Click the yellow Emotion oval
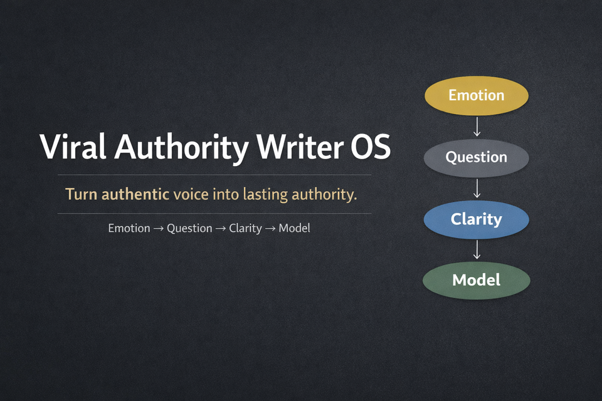pos(477,95)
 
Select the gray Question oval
pos(477,157)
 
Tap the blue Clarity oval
pos(477,219)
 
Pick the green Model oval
pos(477,279)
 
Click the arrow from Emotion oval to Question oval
pos(477,126)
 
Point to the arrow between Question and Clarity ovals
pos(477,188)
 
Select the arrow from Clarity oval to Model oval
pos(477,249)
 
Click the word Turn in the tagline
pos(82,194)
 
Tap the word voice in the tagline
pos(192,194)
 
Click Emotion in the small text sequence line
pos(129,228)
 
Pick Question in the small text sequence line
pos(189,229)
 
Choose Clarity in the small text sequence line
pos(245,229)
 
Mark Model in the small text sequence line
pos(295,228)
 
